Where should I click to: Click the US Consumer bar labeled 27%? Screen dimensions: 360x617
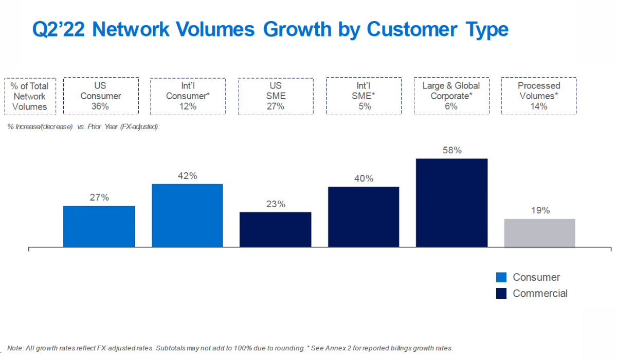pyautogui.click(x=99, y=226)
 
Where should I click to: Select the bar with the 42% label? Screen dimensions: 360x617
pyautogui.click(x=187, y=215)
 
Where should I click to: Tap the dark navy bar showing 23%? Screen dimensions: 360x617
pyautogui.click(x=275, y=229)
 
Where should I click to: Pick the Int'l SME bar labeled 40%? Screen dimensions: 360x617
pyautogui.click(x=364, y=217)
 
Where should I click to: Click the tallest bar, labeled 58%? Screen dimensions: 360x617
pyautogui.click(x=451, y=203)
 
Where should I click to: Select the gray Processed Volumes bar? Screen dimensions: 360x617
pyautogui.click(x=539, y=233)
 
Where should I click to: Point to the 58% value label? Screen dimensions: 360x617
pyautogui.click(x=452, y=151)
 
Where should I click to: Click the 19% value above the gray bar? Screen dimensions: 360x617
pyautogui.click(x=540, y=210)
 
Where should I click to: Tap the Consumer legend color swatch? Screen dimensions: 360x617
pyautogui.click(x=501, y=278)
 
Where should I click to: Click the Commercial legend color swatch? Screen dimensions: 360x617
pyautogui.click(x=501, y=294)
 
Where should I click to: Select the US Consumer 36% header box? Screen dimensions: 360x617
pyautogui.click(x=101, y=96)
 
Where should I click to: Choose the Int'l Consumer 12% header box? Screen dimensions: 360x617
pyautogui.click(x=188, y=96)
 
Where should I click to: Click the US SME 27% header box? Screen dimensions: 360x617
pyautogui.click(x=276, y=96)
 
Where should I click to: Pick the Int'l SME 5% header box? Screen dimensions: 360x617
pyautogui.click(x=364, y=96)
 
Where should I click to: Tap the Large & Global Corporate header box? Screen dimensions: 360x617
pyautogui.click(x=451, y=96)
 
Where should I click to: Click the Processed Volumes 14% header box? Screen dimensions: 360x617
pyautogui.click(x=539, y=96)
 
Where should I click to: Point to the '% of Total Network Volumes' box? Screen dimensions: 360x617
pyautogui.click(x=30, y=96)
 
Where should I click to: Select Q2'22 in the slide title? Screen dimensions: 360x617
pyautogui.click(x=58, y=30)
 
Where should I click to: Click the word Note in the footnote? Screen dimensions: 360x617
pyautogui.click(x=14, y=348)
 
